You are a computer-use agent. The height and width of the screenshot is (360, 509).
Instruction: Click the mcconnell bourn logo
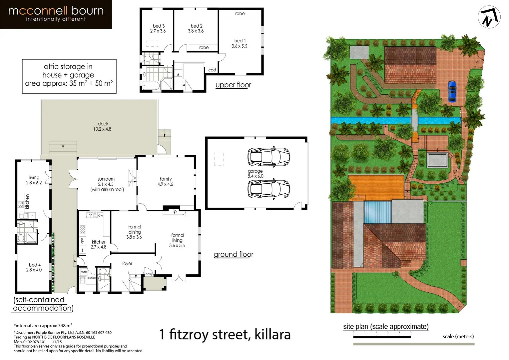[56, 14]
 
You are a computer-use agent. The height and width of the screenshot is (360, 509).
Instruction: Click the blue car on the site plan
[452, 91]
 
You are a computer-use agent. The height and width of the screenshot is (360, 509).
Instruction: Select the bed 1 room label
[240, 44]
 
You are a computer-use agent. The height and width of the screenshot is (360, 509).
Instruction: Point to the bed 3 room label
[158, 28]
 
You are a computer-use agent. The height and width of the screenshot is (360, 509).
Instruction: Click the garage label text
[255, 173]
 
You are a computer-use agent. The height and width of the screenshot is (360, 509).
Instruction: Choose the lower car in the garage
[268, 189]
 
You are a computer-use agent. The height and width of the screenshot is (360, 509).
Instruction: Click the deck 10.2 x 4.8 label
[103, 126]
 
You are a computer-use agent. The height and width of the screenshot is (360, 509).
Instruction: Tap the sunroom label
[107, 184]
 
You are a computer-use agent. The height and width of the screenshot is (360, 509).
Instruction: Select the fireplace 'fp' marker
[174, 212]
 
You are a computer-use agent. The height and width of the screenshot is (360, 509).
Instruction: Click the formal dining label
[134, 232]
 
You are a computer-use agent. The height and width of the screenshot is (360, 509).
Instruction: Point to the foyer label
[127, 263]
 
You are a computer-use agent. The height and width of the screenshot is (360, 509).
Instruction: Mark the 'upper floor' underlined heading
[233, 85]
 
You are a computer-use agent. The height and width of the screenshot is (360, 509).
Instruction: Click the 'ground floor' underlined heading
[233, 255]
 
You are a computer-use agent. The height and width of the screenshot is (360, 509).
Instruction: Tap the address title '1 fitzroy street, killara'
[225, 334]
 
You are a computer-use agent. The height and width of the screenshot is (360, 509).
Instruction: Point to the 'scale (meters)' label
[458, 336]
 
